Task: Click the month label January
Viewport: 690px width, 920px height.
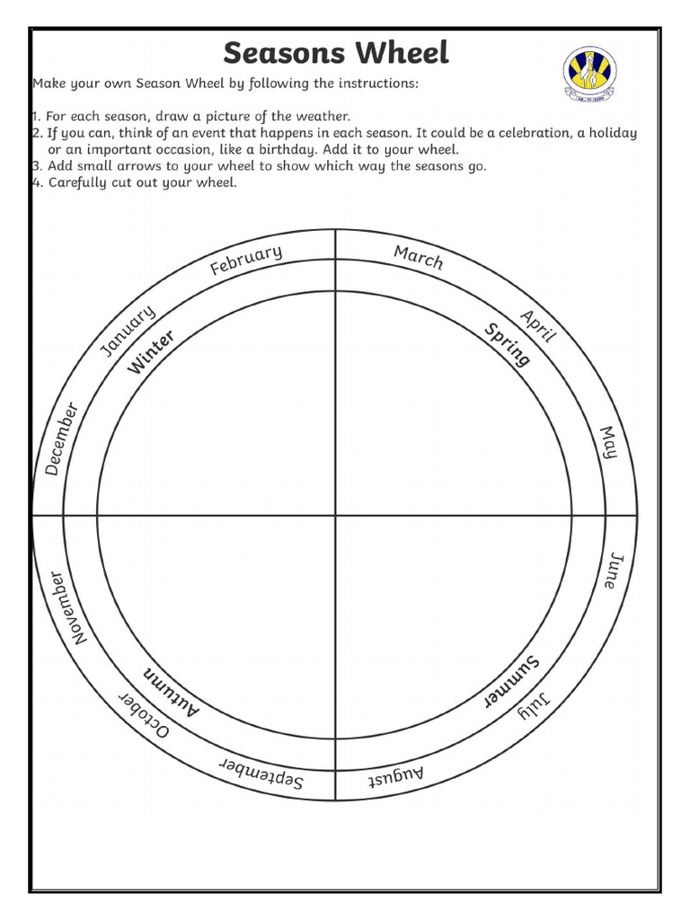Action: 128,330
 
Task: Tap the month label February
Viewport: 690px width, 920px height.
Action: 246,261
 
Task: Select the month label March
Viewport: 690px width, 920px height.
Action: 419,257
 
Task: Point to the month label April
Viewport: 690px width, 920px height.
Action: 539,326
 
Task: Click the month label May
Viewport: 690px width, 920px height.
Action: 609,442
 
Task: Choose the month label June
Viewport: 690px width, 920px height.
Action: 610,570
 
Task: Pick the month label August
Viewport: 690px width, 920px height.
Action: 396,775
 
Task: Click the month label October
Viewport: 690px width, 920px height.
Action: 144,716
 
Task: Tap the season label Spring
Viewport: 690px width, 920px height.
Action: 508,344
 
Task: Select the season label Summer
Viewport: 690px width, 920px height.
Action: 512,681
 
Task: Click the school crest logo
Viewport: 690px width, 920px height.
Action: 590,74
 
